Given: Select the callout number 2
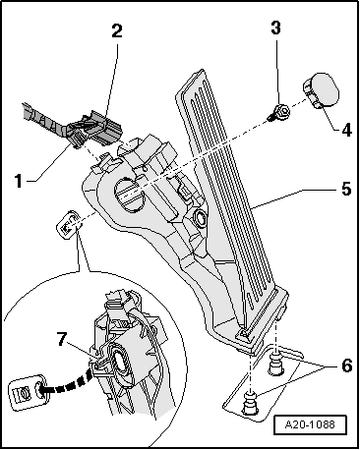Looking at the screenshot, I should pyautogui.click(x=116, y=30).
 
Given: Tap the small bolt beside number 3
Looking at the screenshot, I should pyautogui.click(x=278, y=111).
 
